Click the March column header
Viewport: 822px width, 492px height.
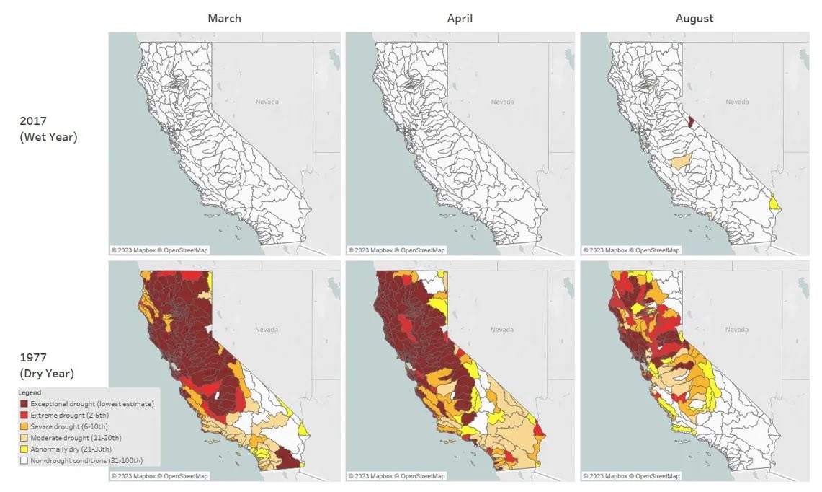(x=224, y=18)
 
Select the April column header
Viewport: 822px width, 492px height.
(x=460, y=18)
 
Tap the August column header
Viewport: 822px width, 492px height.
(x=694, y=18)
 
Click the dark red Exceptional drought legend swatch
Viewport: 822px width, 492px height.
(x=24, y=404)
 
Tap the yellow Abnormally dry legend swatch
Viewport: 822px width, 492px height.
(x=24, y=449)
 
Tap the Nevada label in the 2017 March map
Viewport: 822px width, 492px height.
(x=267, y=102)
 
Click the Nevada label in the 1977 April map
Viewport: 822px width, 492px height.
(x=502, y=329)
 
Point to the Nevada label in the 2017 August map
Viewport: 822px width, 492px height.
(x=737, y=102)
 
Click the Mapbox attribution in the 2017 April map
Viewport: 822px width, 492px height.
(x=396, y=250)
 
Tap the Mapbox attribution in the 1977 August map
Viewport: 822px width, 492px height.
(x=631, y=476)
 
